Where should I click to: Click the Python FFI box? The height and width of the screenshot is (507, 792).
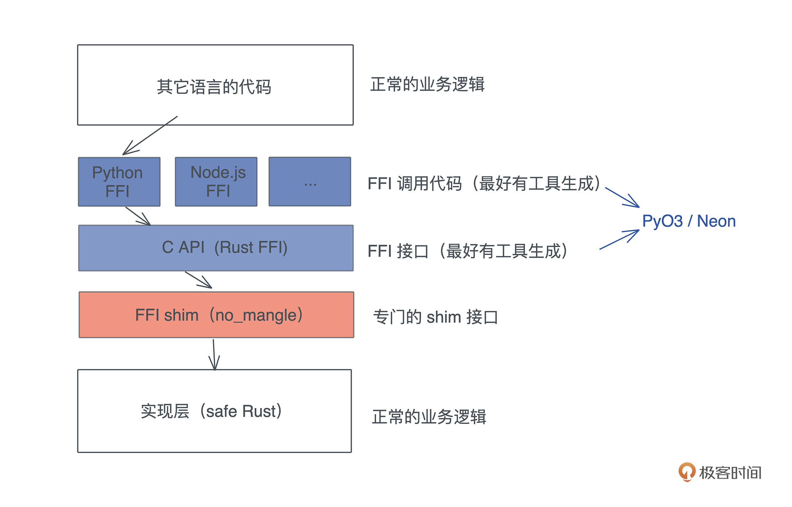(119, 182)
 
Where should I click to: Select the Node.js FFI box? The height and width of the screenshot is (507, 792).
(216, 182)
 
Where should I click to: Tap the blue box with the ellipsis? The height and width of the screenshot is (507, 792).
(310, 182)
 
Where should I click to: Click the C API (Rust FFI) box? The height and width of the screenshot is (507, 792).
(216, 248)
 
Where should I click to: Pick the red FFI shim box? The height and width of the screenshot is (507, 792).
(216, 315)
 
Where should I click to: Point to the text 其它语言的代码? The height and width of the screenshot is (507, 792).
(214, 87)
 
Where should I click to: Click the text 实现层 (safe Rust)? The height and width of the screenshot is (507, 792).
(211, 411)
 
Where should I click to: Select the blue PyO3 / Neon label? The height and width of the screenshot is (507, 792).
(688, 221)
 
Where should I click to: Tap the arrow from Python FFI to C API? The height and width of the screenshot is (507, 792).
(138, 216)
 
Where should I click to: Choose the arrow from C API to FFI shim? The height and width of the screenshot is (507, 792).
(198, 280)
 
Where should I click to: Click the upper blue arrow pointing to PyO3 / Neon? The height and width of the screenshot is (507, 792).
(622, 197)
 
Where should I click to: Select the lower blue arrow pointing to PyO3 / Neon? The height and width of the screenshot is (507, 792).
(619, 239)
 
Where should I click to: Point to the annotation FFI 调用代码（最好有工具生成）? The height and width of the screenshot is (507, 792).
(484, 184)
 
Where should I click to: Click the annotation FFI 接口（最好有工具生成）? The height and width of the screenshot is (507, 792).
(468, 251)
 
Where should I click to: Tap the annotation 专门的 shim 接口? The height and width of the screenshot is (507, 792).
(435, 317)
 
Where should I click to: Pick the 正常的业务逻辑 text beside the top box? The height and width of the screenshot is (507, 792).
(427, 84)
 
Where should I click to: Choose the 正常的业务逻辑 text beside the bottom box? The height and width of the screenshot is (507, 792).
(429, 417)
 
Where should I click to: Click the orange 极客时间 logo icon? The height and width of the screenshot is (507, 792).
(686, 472)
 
